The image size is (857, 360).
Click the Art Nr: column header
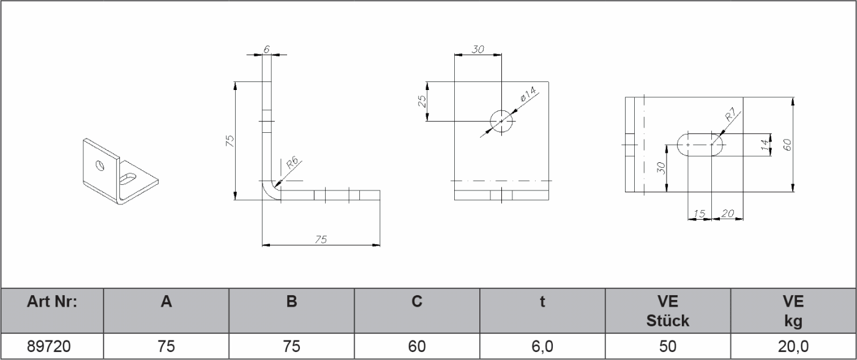(x=53, y=302)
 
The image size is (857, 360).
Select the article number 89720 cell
(x=53, y=347)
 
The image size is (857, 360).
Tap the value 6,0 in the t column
(x=542, y=347)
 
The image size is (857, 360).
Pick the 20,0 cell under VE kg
(x=793, y=347)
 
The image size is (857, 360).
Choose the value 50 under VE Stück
(x=668, y=347)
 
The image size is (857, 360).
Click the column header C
(x=417, y=302)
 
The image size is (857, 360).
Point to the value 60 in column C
(x=417, y=347)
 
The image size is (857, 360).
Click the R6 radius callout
(x=292, y=163)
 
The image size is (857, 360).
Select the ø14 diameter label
(x=528, y=95)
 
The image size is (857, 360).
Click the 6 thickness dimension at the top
(x=267, y=48)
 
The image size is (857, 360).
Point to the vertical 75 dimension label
(x=230, y=141)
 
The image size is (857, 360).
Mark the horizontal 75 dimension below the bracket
(x=321, y=239)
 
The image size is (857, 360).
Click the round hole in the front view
(x=501, y=121)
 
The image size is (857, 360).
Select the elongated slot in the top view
(x=700, y=144)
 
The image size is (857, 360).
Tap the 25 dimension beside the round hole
(x=422, y=101)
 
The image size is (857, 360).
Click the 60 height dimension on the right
(x=788, y=144)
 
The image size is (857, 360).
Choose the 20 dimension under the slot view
(x=728, y=213)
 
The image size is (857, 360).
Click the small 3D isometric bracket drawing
(x=119, y=171)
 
